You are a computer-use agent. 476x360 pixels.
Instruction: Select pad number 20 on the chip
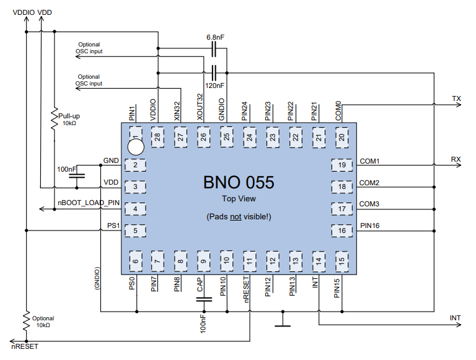coord(341,137)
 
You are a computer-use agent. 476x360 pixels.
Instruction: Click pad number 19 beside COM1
coord(341,165)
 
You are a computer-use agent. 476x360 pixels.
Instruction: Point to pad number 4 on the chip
coord(135,209)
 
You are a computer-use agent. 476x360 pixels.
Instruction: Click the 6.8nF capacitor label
coord(215,37)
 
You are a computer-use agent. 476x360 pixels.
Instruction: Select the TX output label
coord(456,99)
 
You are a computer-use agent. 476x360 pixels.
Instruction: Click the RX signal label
coord(456,159)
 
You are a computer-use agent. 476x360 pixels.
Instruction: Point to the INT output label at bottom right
coord(455,318)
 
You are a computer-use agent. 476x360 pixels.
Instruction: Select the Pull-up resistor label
coord(69,116)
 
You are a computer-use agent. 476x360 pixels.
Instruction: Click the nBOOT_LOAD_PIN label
coord(89,203)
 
